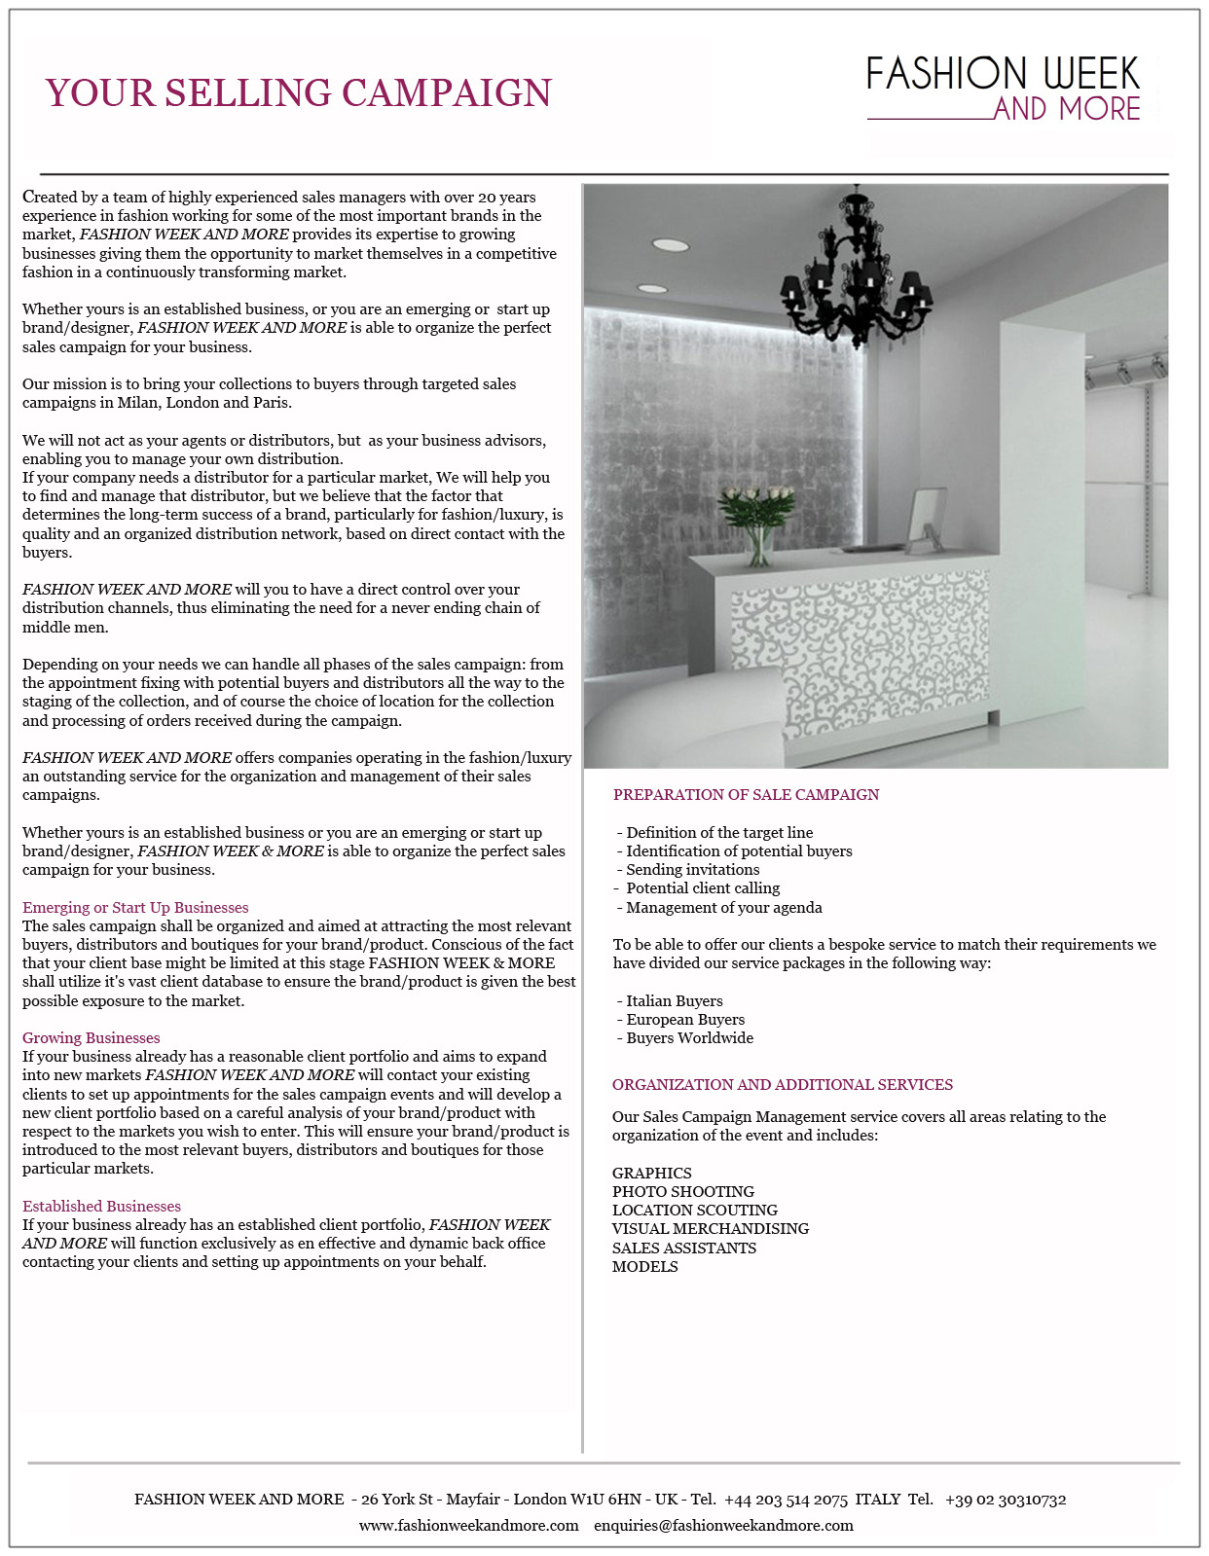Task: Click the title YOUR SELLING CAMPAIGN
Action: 298,93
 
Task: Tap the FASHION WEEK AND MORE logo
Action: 1003,89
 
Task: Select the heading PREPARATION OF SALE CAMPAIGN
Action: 746,795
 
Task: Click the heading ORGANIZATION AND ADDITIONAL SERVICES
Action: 783,1085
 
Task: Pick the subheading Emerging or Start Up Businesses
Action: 135,908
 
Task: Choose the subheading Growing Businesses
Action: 91,1038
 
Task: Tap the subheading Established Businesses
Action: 101,1207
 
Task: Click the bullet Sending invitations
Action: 692,870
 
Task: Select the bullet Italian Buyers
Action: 674,1001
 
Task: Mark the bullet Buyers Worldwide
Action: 689,1038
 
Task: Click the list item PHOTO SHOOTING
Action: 683,1192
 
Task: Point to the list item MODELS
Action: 645,1267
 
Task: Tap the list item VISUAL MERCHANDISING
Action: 711,1229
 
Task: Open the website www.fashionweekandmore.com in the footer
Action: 468,1526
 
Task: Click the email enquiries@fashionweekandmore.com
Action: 723,1526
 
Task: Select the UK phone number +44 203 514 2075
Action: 786,1500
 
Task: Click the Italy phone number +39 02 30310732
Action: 1006,1500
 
